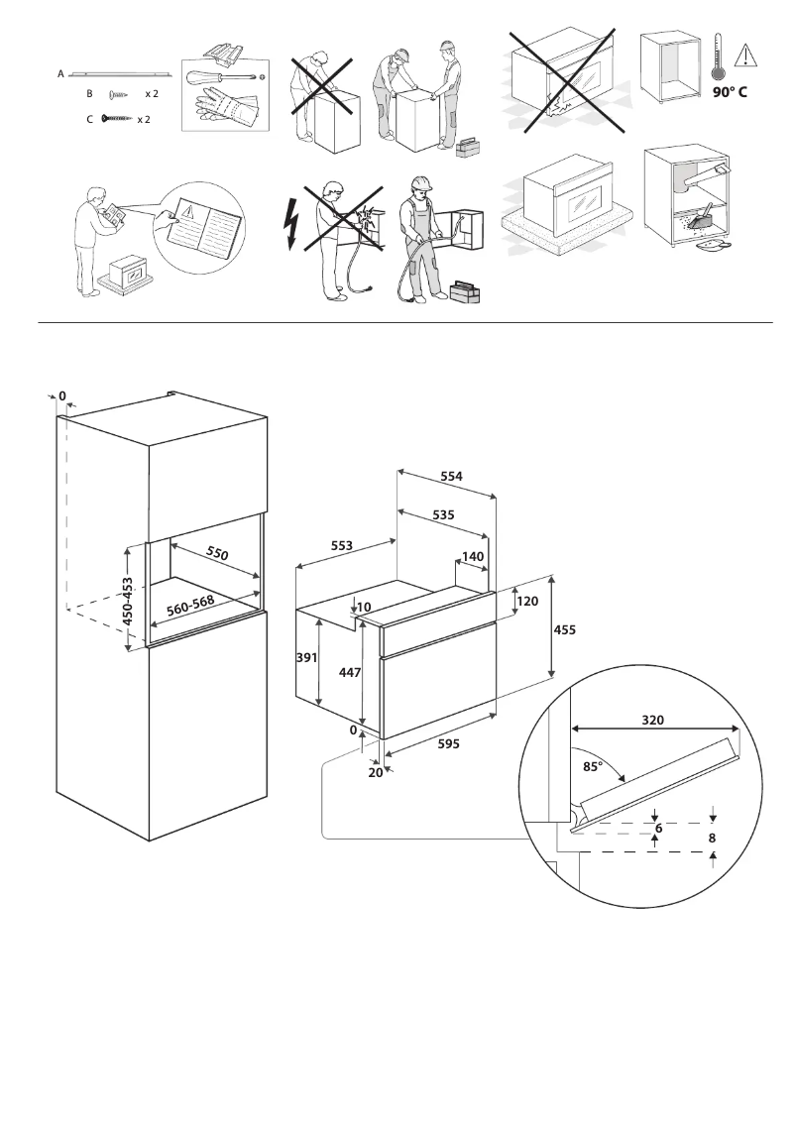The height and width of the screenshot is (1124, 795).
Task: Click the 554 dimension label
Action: click(x=452, y=476)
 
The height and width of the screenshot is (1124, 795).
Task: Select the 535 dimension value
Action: click(x=443, y=516)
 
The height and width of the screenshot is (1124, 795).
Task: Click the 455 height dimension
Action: click(x=564, y=629)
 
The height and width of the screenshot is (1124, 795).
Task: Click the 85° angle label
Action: click(x=594, y=765)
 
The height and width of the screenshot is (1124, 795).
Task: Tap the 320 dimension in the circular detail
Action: click(x=652, y=720)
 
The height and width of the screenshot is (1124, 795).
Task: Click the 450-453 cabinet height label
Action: click(x=127, y=601)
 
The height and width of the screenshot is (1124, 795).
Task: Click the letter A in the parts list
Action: click(x=60, y=73)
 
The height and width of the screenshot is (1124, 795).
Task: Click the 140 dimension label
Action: click(x=473, y=557)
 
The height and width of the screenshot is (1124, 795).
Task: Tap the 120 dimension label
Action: click(x=527, y=602)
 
